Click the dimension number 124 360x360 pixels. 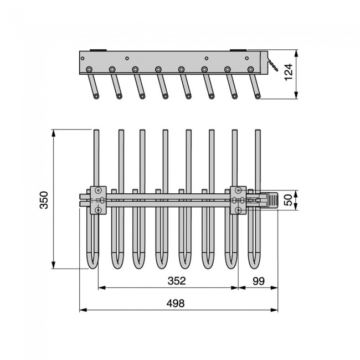click(x=289, y=72)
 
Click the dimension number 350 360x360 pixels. click(x=44, y=200)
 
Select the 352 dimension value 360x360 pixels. click(x=177, y=281)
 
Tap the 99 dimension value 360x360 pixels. click(x=259, y=281)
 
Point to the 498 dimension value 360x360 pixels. click(x=176, y=304)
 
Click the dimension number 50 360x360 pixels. click(x=289, y=200)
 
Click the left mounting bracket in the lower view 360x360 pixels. click(x=98, y=200)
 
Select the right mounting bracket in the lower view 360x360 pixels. click(x=238, y=200)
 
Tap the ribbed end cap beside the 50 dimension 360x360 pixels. click(x=272, y=200)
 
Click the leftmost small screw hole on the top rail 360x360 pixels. click(x=83, y=58)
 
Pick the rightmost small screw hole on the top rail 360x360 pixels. click(x=247, y=58)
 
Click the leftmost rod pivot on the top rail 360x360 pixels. click(x=89, y=69)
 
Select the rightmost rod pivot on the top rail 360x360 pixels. click(x=251, y=69)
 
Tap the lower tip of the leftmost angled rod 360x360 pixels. click(x=96, y=96)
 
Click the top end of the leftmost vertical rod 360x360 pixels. click(x=96, y=130)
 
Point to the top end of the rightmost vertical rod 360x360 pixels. click(x=258, y=130)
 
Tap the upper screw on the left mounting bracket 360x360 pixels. click(x=98, y=190)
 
